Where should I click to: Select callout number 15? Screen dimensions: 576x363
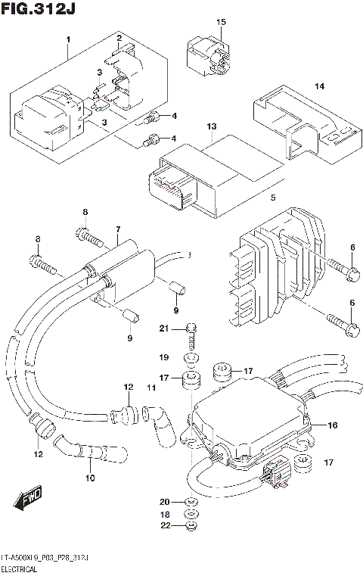pos(221,23)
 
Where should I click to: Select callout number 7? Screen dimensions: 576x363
pos(118,229)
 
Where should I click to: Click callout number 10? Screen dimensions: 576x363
pos(92,478)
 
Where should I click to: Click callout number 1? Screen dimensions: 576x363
pos(67,39)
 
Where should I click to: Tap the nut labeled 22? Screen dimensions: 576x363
pos(191,527)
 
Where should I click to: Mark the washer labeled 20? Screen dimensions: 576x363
pos(191,502)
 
